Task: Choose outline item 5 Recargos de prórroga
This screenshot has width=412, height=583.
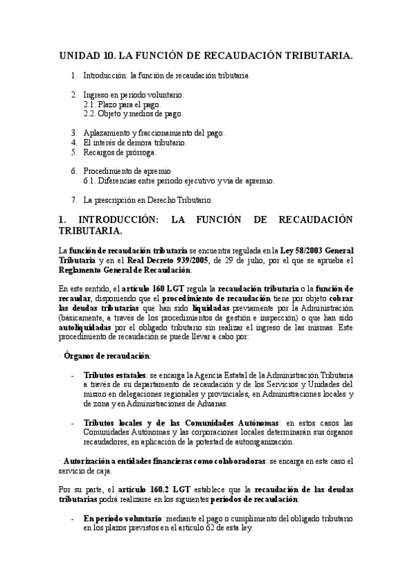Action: point(120,152)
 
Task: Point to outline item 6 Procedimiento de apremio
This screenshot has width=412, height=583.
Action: point(128,170)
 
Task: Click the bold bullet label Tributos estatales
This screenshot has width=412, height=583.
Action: point(114,375)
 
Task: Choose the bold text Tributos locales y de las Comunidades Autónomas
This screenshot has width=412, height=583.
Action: point(182,422)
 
